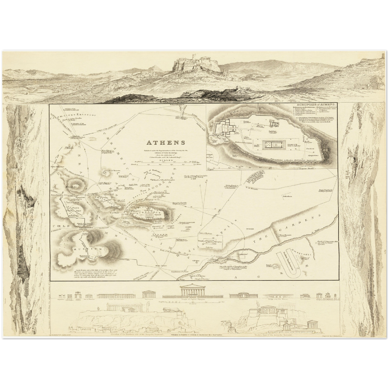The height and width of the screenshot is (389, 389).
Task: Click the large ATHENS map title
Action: [166, 143]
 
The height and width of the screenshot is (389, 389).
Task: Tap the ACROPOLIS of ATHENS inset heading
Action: [315, 104]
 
